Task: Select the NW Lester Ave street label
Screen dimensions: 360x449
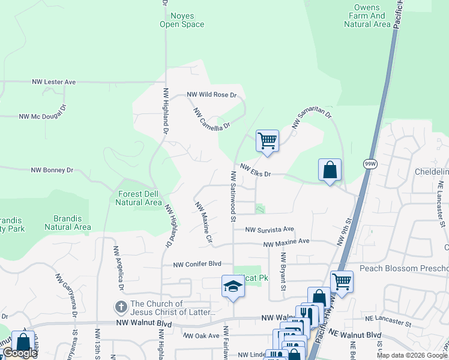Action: [x=53, y=82]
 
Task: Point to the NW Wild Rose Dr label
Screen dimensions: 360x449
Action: [x=212, y=95]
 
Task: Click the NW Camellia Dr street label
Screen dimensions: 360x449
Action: [x=212, y=119]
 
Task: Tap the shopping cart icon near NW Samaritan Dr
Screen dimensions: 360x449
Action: [x=267, y=141]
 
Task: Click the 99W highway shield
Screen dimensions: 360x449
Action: [x=369, y=163]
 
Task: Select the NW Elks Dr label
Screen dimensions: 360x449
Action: [x=256, y=171]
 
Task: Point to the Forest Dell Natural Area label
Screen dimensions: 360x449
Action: [x=139, y=198]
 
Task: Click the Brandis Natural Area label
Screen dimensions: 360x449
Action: [x=68, y=223]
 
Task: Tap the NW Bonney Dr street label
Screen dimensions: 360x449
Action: [x=52, y=170]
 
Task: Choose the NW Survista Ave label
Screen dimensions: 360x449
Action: [x=270, y=229]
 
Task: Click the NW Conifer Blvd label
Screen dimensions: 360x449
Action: [x=197, y=265]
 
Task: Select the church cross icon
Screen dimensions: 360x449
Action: [x=121, y=307]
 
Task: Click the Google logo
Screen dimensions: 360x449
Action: [x=19, y=353]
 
